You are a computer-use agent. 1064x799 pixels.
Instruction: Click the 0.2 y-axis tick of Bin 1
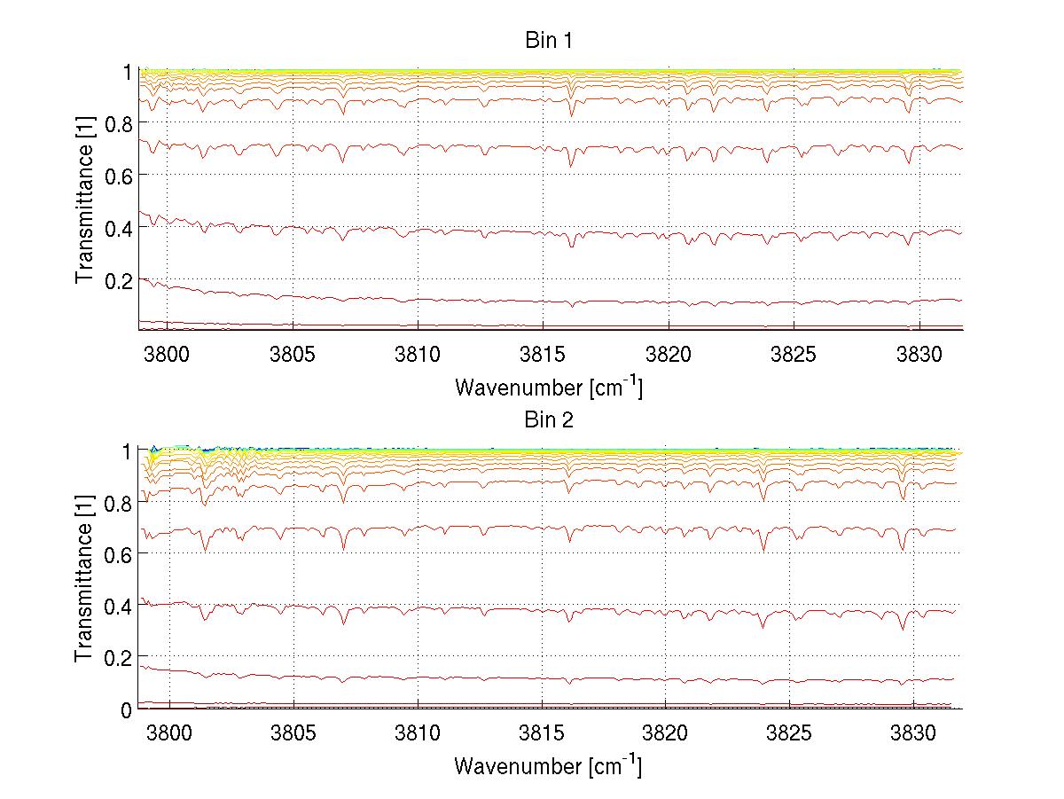119,280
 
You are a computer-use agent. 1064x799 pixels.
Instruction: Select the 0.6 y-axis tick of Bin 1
119,176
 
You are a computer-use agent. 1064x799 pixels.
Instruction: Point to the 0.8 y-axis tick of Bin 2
119,503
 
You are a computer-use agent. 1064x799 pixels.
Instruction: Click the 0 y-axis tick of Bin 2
128,709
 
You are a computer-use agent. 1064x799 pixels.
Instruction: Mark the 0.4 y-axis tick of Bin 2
119,607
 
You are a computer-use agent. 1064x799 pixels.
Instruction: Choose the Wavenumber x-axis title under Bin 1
548,388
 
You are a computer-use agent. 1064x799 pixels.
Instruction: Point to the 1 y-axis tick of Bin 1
128,72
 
